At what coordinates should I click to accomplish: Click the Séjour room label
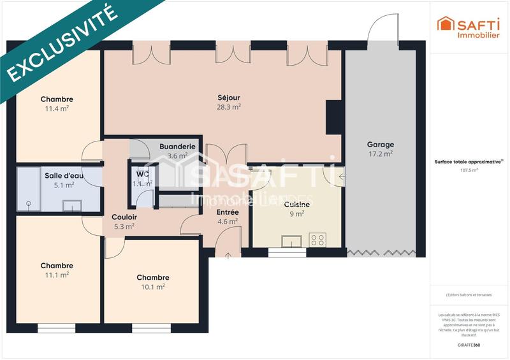[x=228, y=97]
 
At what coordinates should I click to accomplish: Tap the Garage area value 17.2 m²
[x=380, y=154]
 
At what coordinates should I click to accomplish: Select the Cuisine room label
[x=296, y=205]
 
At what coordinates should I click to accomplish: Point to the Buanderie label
[x=177, y=146]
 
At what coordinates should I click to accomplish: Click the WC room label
[x=143, y=174]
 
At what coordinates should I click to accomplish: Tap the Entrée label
[x=228, y=212]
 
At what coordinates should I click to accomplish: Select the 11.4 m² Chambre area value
[x=57, y=108]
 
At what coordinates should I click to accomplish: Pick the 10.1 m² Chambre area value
[x=152, y=287]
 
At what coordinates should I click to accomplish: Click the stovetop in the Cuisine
[x=317, y=240]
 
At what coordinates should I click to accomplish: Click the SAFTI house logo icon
[x=444, y=24]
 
